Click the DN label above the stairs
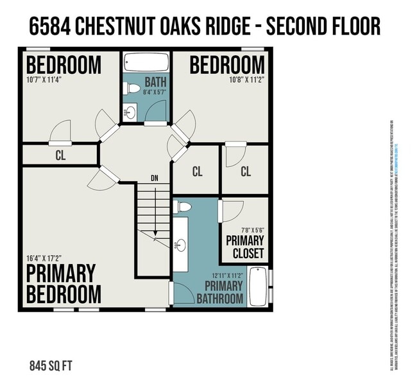(154, 178)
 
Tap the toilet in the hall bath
(133, 88)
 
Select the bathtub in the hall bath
(146, 63)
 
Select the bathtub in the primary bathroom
(257, 286)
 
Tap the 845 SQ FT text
(51, 367)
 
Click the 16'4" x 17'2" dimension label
(44, 258)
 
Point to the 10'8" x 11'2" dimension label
(246, 80)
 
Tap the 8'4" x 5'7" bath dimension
(155, 93)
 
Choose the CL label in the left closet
(60, 155)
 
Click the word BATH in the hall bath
(155, 82)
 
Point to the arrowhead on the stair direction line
(155, 234)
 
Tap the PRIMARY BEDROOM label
(64, 283)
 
